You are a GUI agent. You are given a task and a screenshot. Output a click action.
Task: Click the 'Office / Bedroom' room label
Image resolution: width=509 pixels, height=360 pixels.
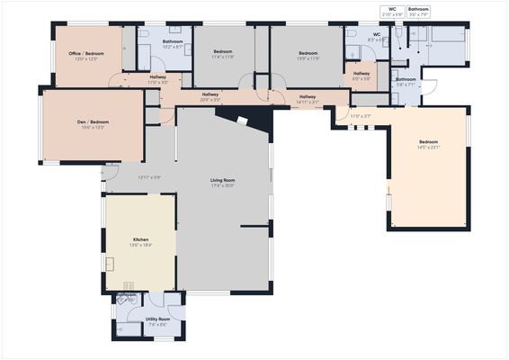tap(86, 54)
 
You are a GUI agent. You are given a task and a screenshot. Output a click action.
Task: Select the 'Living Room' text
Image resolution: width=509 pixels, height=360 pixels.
tap(222, 181)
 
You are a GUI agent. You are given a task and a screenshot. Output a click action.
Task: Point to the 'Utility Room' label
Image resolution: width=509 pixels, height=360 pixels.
tap(157, 319)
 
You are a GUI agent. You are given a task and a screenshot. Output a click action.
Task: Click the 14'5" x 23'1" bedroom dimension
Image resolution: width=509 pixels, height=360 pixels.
tap(428, 148)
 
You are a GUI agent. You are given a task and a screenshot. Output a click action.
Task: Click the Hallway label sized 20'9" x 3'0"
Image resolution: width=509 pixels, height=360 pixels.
tap(210, 99)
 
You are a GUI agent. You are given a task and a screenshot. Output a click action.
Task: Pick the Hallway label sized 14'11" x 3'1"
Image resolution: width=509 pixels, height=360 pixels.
tap(308, 101)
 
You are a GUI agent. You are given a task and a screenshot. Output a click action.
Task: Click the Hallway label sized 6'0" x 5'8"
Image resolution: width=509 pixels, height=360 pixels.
tap(362, 78)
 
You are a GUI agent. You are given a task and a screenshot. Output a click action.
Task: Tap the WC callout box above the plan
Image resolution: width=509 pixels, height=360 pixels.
tap(392, 12)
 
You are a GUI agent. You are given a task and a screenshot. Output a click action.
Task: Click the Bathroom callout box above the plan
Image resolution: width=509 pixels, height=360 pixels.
tap(419, 12)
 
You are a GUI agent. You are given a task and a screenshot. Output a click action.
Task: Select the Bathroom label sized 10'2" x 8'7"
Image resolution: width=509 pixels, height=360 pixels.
tap(173, 46)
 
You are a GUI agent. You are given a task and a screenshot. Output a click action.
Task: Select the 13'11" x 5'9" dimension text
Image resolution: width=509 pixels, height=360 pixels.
tap(148, 177)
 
